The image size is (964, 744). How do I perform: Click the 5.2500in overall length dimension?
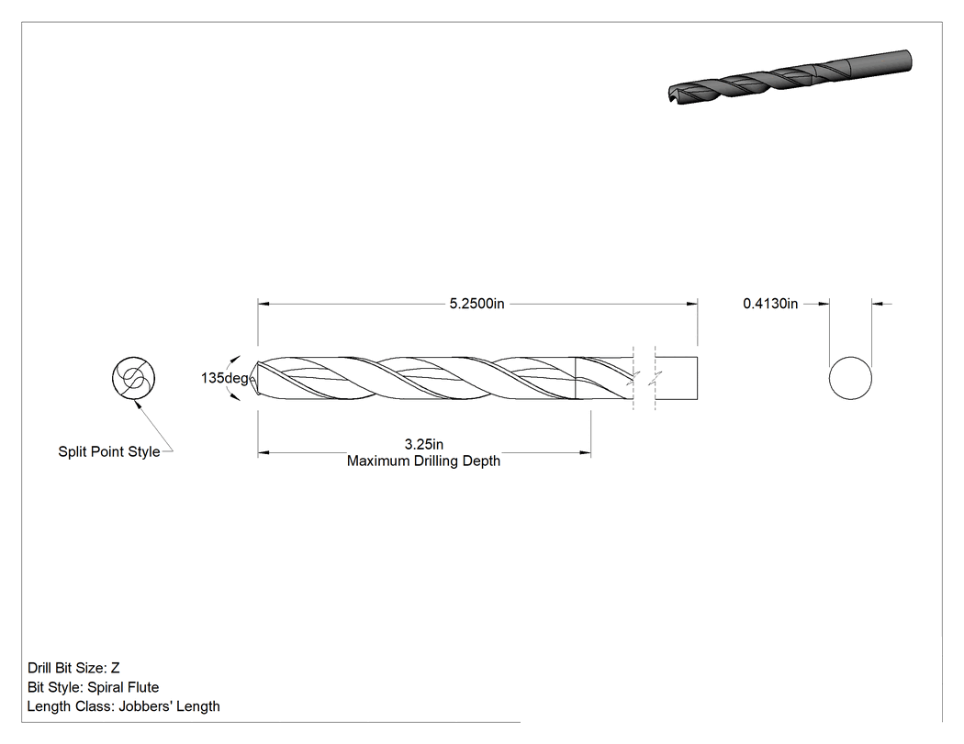coord(476,304)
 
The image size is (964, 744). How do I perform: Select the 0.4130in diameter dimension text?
coord(770,304)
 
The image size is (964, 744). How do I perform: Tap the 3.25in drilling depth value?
coord(423,444)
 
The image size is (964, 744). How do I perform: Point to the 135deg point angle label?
coord(224,378)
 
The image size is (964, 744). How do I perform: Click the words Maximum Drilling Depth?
coord(423,461)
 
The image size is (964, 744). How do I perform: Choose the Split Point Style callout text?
coord(109,451)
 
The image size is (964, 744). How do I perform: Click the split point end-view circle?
coord(133,378)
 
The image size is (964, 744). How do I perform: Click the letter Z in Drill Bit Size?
coord(115,668)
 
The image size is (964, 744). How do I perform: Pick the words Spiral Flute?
coord(123,687)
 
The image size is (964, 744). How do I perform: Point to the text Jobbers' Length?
coord(169,706)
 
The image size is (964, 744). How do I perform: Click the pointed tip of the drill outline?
coord(251,378)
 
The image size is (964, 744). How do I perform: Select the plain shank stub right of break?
coord(677,378)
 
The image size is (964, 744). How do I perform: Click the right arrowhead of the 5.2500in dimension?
coord(692,304)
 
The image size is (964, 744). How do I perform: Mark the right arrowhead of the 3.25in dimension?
coord(586,453)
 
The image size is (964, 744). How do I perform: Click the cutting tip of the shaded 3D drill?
coord(671,95)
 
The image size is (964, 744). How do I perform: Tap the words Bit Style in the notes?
coord(54,687)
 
